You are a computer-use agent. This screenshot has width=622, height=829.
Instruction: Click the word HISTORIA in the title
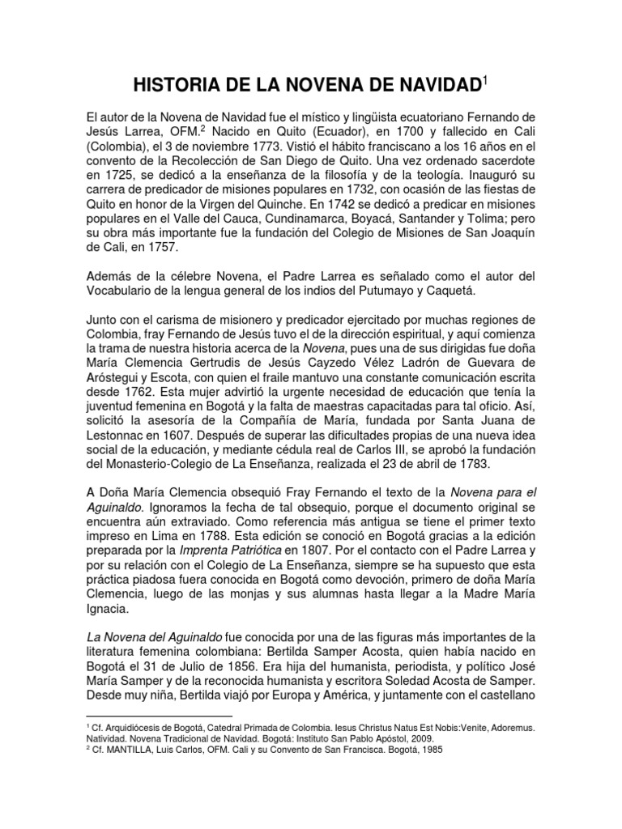point(169,84)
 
